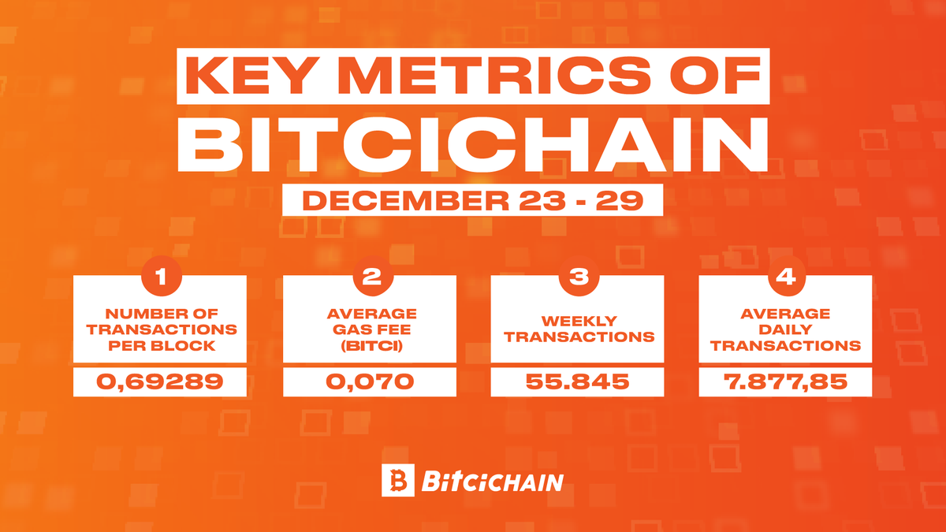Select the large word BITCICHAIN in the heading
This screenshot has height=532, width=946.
pyautogui.click(x=472, y=145)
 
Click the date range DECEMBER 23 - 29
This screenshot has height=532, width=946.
pyautogui.click(x=472, y=200)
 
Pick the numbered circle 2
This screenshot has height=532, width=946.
pyautogui.click(x=369, y=277)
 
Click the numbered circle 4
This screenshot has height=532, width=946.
pyautogui.click(x=786, y=277)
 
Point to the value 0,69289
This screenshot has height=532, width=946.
pyautogui.click(x=160, y=383)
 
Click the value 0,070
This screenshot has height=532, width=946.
pyautogui.click(x=369, y=383)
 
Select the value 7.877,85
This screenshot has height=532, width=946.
pyautogui.click(x=786, y=383)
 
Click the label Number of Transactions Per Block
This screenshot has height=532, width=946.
pyautogui.click(x=160, y=329)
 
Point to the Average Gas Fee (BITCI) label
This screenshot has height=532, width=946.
pyautogui.click(x=369, y=329)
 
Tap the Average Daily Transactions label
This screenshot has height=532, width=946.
pyautogui.click(x=786, y=329)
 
